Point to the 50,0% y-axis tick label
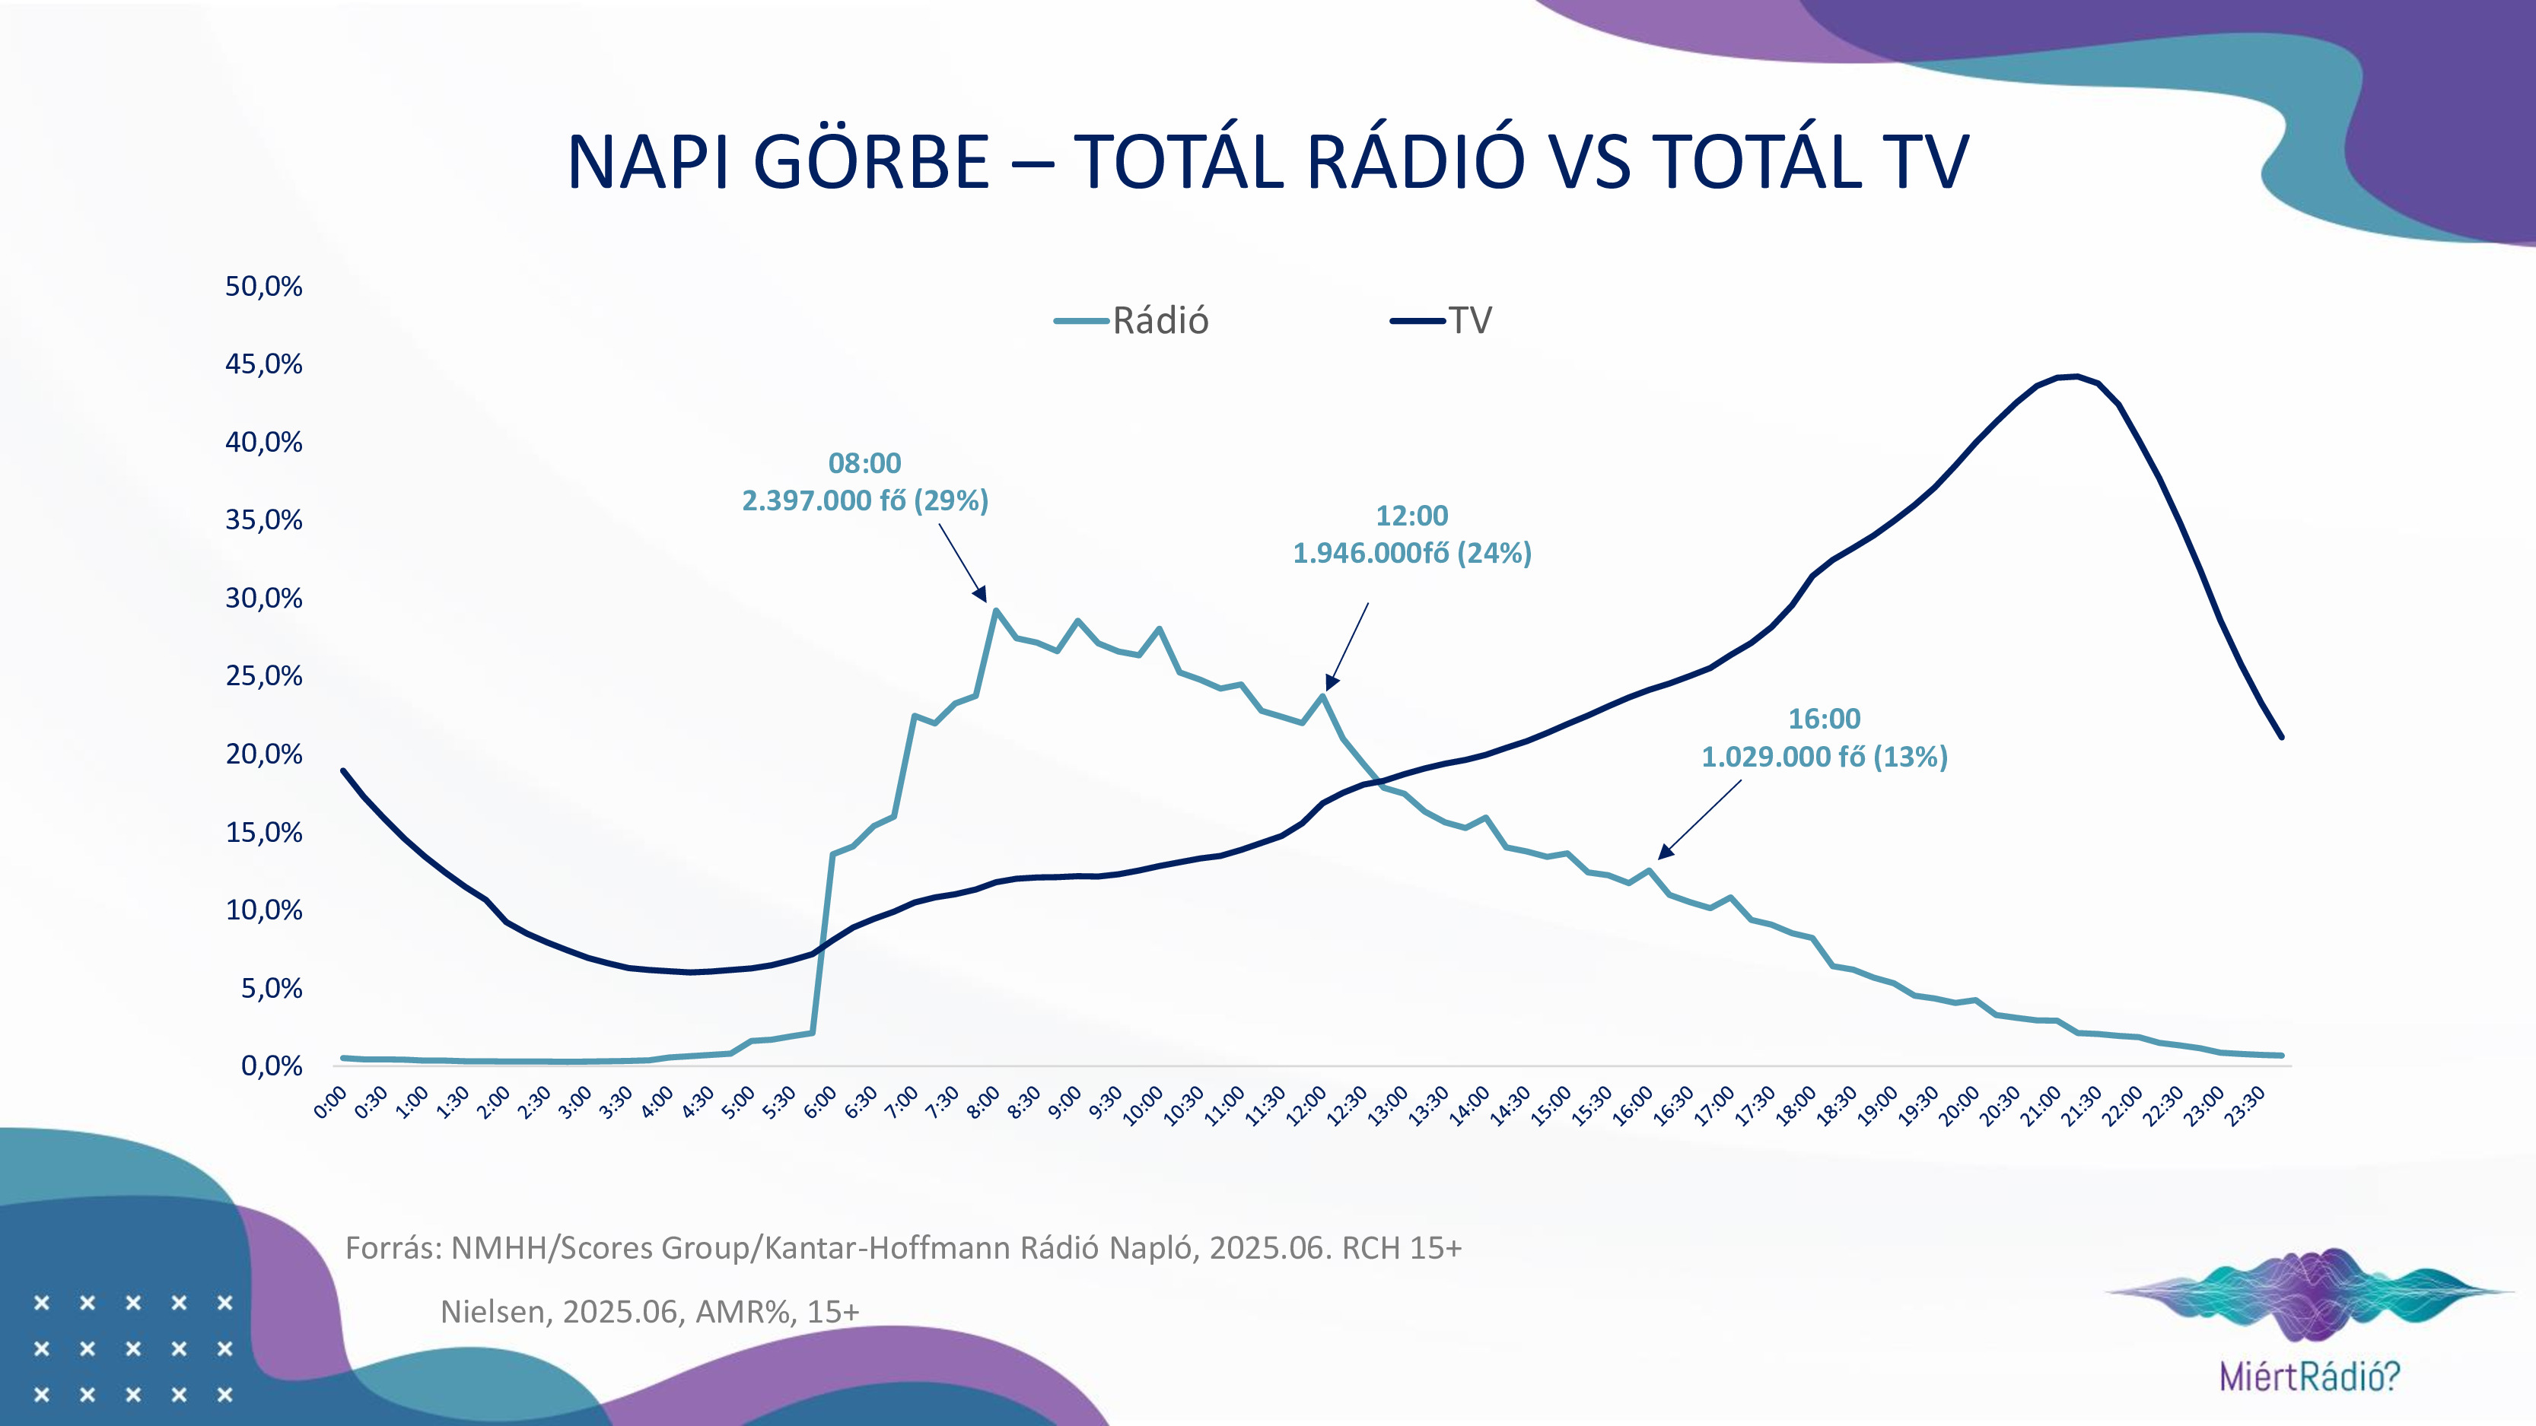(264, 287)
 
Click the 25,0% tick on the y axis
(264, 676)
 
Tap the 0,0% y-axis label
(271, 1066)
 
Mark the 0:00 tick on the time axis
(331, 1102)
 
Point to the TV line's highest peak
(2076, 376)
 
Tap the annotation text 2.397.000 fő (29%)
(864, 501)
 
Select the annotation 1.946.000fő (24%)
(1411, 553)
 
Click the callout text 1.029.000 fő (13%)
(1825, 757)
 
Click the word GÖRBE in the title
(870, 163)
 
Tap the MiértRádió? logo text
(2309, 1376)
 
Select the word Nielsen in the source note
(493, 1312)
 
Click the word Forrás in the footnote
(391, 1248)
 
